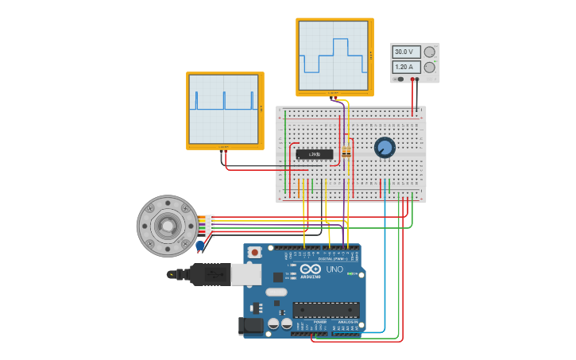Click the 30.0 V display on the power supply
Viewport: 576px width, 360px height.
[x=408, y=52]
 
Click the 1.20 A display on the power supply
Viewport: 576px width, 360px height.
[x=408, y=67]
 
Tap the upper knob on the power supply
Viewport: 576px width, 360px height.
[x=430, y=52]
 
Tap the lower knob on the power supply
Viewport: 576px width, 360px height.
[x=430, y=68]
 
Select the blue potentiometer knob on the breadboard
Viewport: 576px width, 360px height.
[x=385, y=147]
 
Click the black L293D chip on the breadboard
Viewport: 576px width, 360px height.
[x=315, y=154]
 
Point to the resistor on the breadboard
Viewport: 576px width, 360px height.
[x=346, y=152]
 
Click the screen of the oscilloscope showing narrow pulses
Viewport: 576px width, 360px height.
[x=224, y=109]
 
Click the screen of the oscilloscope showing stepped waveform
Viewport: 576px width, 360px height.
[x=334, y=56]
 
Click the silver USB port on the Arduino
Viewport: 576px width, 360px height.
[x=245, y=274]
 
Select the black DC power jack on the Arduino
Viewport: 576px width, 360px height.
[x=251, y=326]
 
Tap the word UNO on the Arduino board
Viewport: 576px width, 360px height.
[x=334, y=269]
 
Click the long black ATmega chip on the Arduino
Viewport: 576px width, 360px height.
[x=326, y=310]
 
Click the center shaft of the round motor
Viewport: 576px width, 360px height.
[x=167, y=226]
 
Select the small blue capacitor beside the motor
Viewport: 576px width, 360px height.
[x=200, y=246]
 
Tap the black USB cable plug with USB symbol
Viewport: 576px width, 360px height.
[x=210, y=274]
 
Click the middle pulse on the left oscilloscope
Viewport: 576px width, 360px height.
[x=224, y=101]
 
